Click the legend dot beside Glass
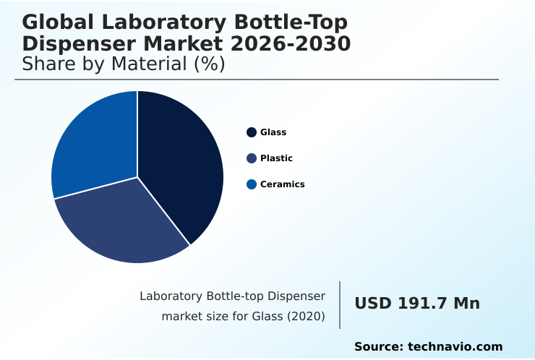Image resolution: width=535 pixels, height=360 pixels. (252, 132)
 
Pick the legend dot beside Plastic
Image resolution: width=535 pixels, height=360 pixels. (252, 158)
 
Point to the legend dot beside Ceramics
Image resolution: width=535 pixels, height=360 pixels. (252, 184)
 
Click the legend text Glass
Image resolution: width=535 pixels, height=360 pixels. (273, 132)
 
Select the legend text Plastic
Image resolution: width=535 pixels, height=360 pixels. (276, 158)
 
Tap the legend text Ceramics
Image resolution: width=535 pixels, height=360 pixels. (282, 184)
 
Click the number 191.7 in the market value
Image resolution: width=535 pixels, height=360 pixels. (423, 304)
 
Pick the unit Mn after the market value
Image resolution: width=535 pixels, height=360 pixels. (466, 304)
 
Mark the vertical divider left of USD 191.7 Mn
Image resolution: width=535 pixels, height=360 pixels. (340, 305)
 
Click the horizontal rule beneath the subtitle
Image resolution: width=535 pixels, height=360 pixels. (257, 80)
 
